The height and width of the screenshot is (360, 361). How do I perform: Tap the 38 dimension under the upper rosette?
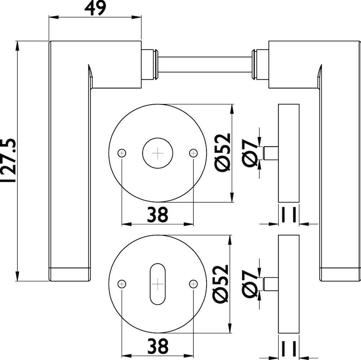tap(158, 215)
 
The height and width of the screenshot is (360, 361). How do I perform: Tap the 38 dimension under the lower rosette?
tap(158, 346)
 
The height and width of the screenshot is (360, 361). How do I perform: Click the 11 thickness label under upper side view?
tap(289, 215)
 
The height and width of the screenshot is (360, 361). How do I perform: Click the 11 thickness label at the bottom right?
tap(289, 348)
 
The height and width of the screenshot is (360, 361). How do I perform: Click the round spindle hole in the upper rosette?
tap(158, 153)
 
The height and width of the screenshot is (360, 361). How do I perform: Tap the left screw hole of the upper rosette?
tap(122, 153)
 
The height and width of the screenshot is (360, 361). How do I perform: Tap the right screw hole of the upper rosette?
tap(193, 153)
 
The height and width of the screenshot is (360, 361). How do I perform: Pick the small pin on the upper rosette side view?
tap(271, 153)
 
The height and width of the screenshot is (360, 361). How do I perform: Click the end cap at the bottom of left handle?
tap(70, 274)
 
